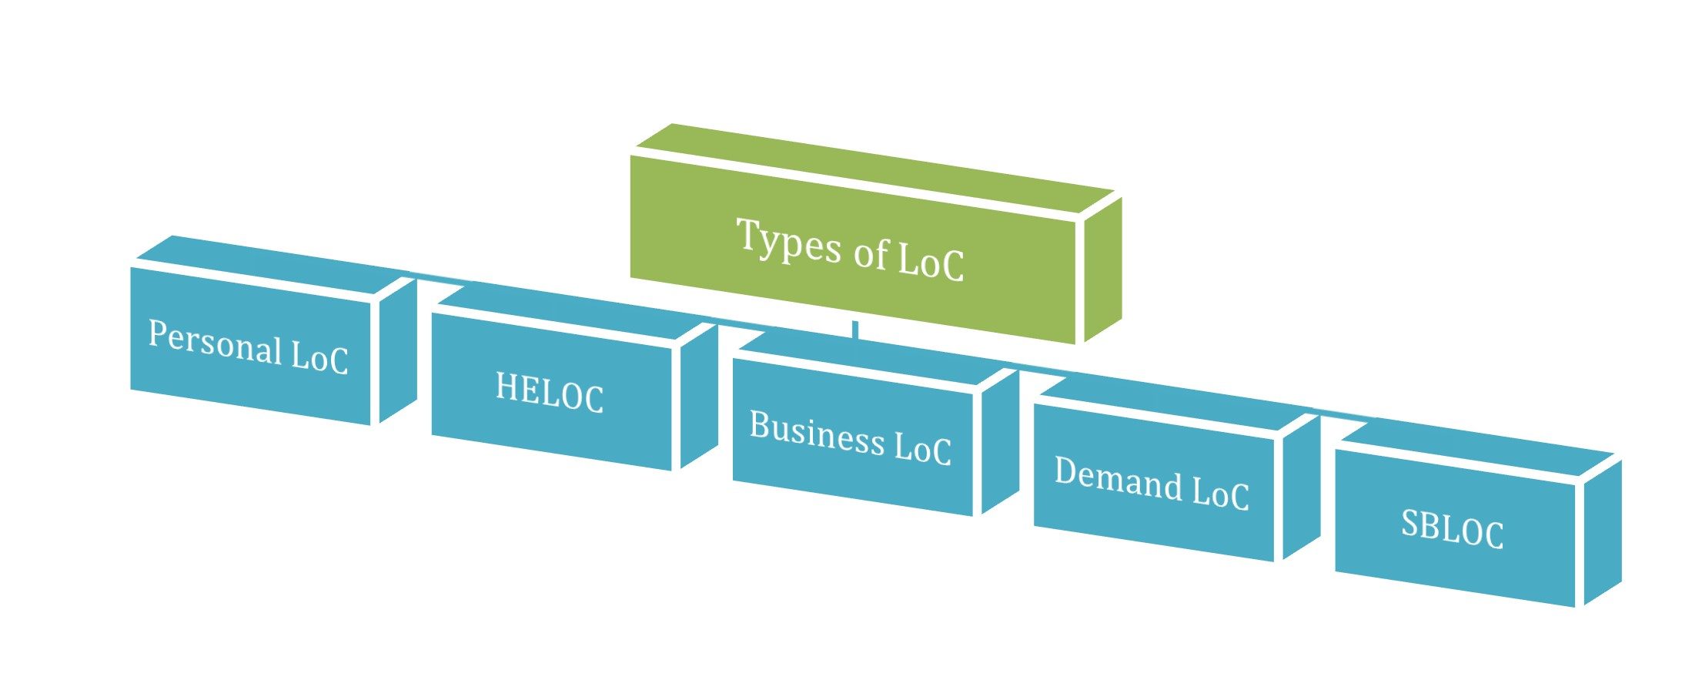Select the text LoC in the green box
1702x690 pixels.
point(931,261)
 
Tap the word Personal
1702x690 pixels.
point(215,342)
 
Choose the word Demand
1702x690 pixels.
point(1118,479)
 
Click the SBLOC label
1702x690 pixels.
point(1451,528)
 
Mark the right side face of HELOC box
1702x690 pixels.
point(699,397)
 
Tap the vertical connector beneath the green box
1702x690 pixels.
point(854,330)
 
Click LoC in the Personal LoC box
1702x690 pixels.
point(319,357)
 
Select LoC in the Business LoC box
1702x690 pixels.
point(922,447)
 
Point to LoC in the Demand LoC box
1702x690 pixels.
point(1220,492)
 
